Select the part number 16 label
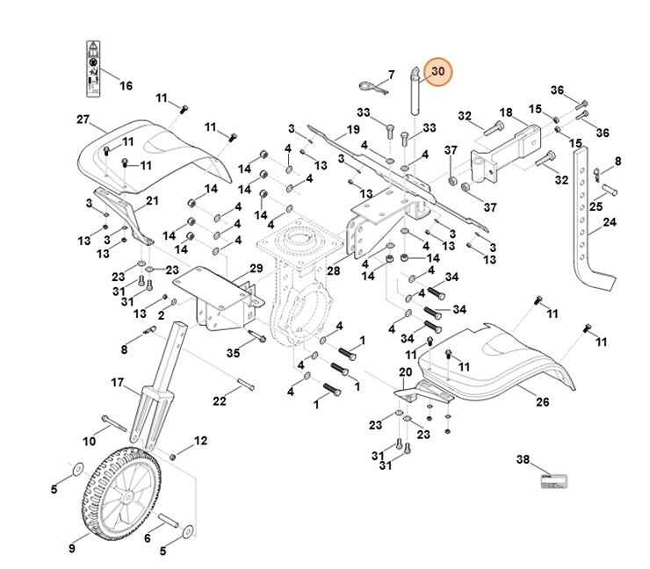tap(126, 85)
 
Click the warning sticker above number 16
tap(92, 67)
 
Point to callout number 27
tap(83, 119)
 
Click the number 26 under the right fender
tap(542, 401)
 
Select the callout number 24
tap(609, 223)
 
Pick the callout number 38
tap(523, 459)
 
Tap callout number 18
tap(505, 112)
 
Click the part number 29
tap(256, 268)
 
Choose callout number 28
tap(333, 271)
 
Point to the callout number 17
tap(117, 383)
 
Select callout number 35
tap(233, 353)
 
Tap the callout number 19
tap(353, 129)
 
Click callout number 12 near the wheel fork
tap(200, 440)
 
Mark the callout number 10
tap(89, 440)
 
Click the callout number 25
tap(595, 207)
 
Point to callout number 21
tap(152, 200)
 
